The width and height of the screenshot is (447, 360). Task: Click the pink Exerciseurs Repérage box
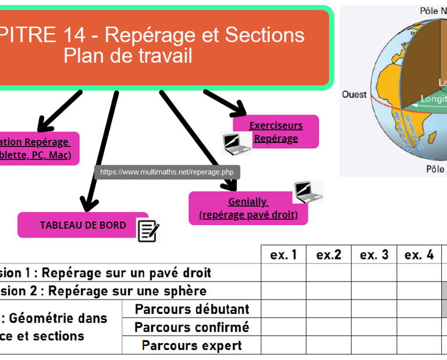(x=276, y=132)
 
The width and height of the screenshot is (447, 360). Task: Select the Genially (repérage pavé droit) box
(x=248, y=208)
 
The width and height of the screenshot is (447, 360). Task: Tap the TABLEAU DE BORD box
(x=83, y=225)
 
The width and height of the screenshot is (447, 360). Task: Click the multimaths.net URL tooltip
(x=167, y=172)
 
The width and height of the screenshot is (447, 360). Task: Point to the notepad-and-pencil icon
(x=148, y=230)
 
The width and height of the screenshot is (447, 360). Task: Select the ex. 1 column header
(x=283, y=255)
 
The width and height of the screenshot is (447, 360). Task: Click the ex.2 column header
(x=329, y=255)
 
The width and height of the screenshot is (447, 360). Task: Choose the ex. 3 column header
(x=374, y=255)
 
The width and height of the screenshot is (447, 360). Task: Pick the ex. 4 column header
(x=419, y=255)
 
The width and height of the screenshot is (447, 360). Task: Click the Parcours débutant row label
(x=191, y=309)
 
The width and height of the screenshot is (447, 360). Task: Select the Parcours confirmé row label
(x=191, y=327)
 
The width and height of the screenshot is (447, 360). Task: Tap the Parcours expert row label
(x=191, y=345)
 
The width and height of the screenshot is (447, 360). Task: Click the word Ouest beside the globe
(x=354, y=94)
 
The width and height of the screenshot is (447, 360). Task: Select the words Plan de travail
(x=127, y=56)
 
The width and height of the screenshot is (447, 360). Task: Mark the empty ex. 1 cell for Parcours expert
(x=283, y=345)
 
